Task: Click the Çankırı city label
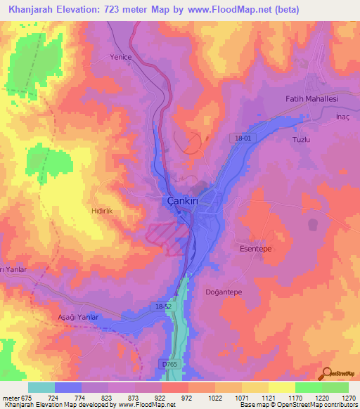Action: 179,200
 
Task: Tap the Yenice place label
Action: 120,58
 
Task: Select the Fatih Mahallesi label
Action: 311,99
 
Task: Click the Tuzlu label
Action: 301,139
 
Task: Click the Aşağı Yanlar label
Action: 79,318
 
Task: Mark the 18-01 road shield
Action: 243,139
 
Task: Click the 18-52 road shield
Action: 162,307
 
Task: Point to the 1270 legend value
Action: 348,398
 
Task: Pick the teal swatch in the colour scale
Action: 41,387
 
